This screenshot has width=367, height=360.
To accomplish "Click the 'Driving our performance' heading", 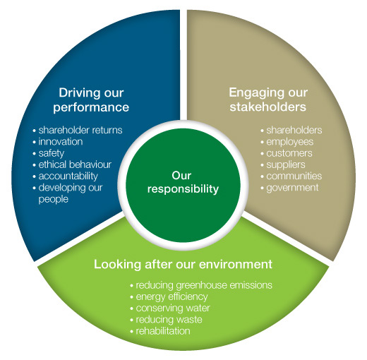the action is (91, 100).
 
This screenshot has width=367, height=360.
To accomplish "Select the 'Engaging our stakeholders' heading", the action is (268, 100).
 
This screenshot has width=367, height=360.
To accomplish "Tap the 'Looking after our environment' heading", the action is (183, 264).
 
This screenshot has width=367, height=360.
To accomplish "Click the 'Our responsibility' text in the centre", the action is (183, 182).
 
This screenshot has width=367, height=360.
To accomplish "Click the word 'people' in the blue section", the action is (54, 200).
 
